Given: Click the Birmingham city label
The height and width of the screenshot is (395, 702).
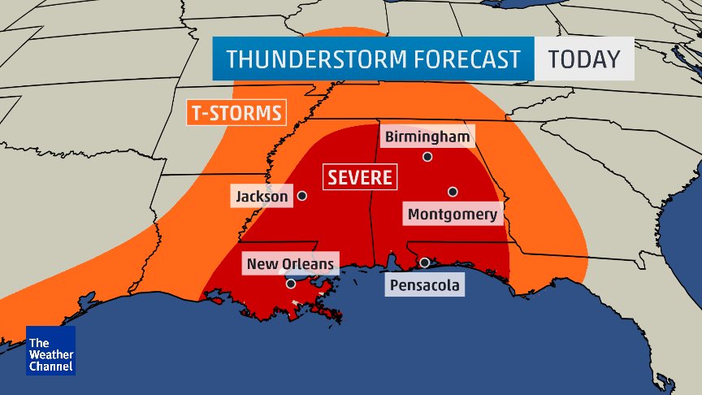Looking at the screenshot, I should point(427,136).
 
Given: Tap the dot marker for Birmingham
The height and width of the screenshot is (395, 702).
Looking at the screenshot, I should point(427,156).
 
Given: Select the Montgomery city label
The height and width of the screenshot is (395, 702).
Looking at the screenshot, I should point(452,215).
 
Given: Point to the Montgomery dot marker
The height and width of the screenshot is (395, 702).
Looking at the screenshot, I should point(453,192).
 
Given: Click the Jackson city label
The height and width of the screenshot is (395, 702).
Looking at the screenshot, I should point(262,196).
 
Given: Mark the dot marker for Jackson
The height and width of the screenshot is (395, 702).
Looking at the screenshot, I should point(301,196).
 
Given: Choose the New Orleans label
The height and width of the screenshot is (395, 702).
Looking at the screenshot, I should point(290,263).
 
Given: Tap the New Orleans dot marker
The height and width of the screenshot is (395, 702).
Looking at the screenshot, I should point(291,284).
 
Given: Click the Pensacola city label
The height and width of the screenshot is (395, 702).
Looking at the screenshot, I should point(424,285).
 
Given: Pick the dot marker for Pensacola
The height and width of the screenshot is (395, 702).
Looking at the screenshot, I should point(425,263).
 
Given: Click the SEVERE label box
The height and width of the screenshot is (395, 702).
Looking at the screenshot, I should point(360,176).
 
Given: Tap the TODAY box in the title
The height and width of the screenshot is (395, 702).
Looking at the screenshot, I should point(583,59).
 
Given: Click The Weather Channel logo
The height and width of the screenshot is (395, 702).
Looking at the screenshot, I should point(50,350).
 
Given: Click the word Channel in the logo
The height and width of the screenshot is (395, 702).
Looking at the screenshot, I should point(50,367).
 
